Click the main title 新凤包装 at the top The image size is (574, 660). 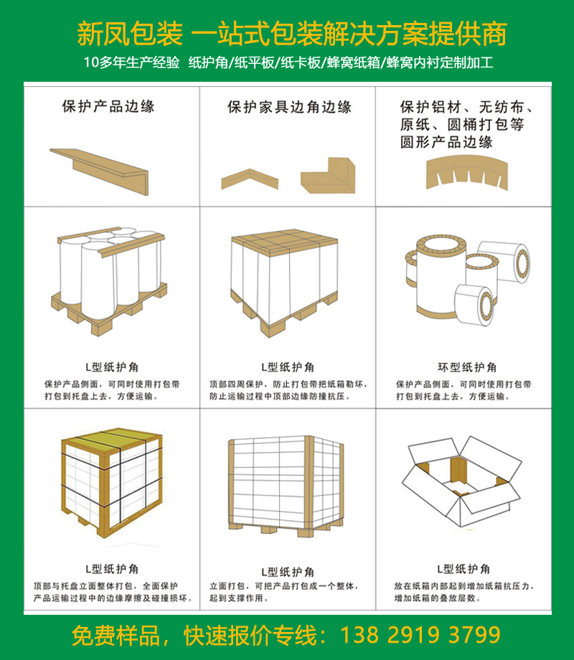coord(130,34)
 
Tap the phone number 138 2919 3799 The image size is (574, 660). coord(420,635)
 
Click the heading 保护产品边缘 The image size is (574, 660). coord(108,106)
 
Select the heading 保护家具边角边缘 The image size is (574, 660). coord(289,107)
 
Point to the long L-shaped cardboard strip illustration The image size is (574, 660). coord(100,171)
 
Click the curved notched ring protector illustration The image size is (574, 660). coord(466,173)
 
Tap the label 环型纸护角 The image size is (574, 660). coord(467,367)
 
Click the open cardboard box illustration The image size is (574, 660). coord(461,481)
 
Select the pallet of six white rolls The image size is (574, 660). coord(109,280)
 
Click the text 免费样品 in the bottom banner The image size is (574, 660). coord(116,635)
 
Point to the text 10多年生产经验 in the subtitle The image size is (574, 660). coord(131,62)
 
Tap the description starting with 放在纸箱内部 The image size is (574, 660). coord(464,592)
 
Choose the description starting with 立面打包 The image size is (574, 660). coord(284,592)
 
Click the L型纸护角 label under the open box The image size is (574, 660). coord(464,569)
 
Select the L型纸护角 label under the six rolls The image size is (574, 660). coord(112,367)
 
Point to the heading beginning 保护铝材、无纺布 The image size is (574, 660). coord(466,125)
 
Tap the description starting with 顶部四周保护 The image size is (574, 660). coord(288,390)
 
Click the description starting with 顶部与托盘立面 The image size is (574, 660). coord(113,592)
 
